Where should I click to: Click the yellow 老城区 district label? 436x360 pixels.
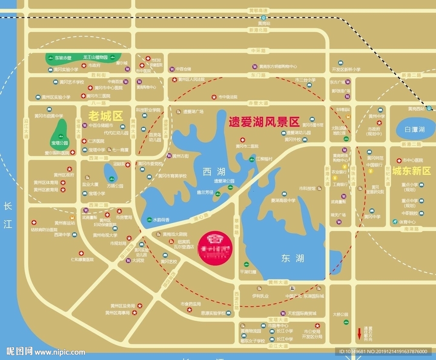pyautogui.click(x=105, y=116)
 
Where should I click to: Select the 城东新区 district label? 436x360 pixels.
pyautogui.click(x=411, y=171)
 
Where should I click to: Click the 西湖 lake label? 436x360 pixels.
pyautogui.click(x=214, y=172)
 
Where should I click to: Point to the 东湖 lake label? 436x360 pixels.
pyautogui.click(x=292, y=258)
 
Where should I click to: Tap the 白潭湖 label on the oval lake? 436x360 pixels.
pyautogui.click(x=415, y=130)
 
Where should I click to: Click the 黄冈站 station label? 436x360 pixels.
pyautogui.click(x=264, y=23)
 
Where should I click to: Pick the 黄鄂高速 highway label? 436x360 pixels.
pyautogui.click(x=258, y=11)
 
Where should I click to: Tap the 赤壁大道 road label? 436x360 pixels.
pyautogui.click(x=259, y=103)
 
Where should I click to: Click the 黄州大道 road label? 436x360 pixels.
pyautogui.click(x=278, y=282)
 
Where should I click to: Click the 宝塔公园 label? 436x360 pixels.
pyautogui.click(x=60, y=143)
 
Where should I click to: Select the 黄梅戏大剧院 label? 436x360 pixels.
pyautogui.click(x=175, y=234)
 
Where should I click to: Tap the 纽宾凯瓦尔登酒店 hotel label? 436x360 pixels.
pyautogui.click(x=183, y=244)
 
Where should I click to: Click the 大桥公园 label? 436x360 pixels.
pyautogui.click(x=341, y=314)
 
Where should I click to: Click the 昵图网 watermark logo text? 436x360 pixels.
pyautogui.click(x=19, y=351)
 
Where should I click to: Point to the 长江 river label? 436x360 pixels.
pyautogui.click(x=8, y=215)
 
